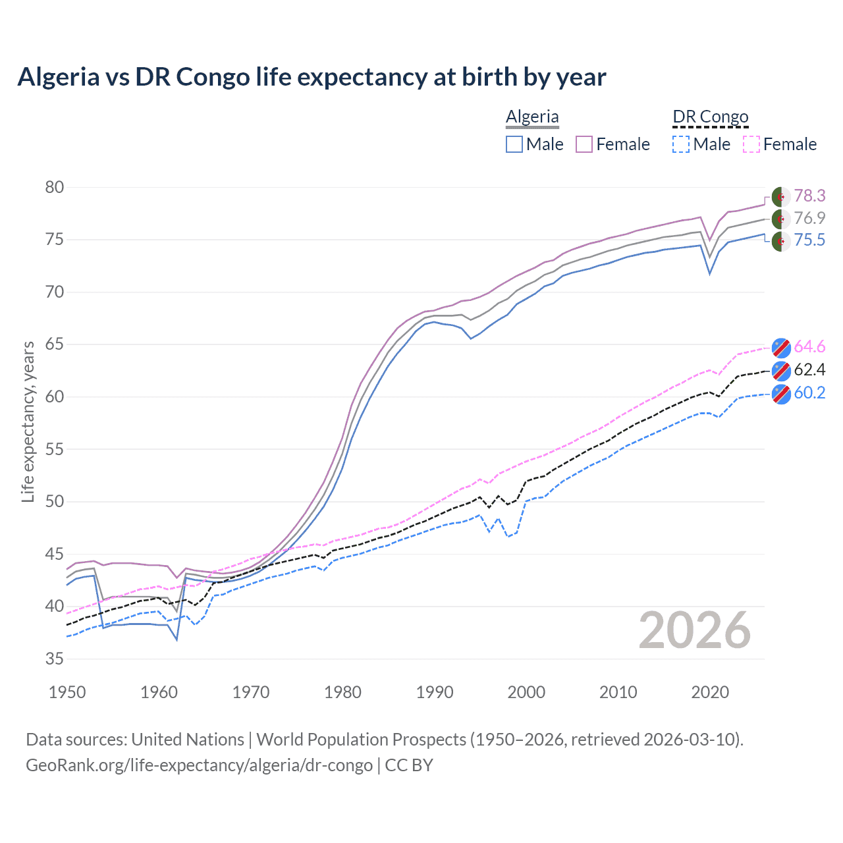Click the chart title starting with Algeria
[312, 77]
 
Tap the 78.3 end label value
[809, 196]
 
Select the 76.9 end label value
[809, 218]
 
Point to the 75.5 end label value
[809, 240]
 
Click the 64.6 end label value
[809, 347]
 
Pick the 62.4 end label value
[809, 369]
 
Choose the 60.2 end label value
[809, 393]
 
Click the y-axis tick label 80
[55, 188]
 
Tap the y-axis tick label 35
[55, 659]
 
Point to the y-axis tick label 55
[55, 449]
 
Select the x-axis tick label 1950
[67, 692]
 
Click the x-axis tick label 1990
[435, 692]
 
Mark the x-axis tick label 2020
[710, 692]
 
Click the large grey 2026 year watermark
[695, 630]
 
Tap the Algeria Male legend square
[514, 144]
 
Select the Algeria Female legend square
[584, 144]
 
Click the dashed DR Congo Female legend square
[751, 144]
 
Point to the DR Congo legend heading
[711, 117]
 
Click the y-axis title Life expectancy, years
[28, 421]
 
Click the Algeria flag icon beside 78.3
[780, 196]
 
